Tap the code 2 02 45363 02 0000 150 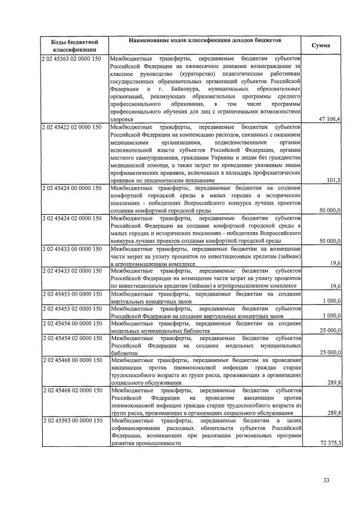[x=72, y=58]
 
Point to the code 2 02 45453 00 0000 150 [x=72, y=293]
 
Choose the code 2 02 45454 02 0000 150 [x=72, y=338]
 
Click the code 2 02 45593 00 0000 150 [x=72, y=420]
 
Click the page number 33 [x=327, y=479]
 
